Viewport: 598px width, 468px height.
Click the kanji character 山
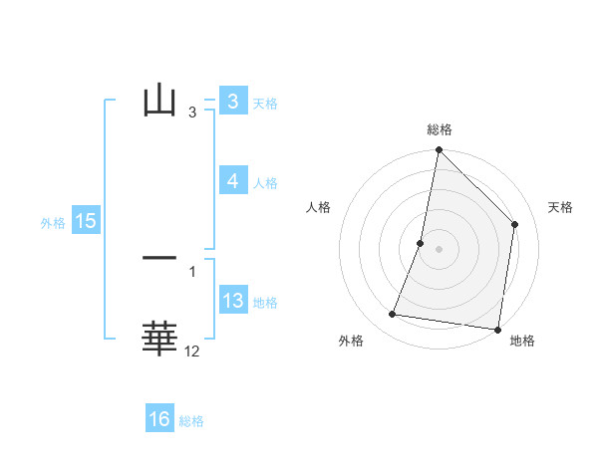point(159,101)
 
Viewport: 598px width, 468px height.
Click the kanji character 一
point(159,258)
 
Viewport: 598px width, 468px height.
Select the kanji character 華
point(159,339)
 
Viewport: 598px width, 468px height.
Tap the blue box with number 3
point(232,102)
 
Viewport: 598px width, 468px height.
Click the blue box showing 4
point(232,181)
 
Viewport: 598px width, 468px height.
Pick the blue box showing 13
point(232,302)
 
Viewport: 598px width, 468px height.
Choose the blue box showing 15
point(86,221)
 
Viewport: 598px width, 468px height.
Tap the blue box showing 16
point(159,419)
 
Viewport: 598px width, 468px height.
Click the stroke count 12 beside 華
point(192,351)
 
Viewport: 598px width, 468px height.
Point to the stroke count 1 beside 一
point(192,272)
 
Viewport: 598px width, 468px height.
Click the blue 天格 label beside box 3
point(265,103)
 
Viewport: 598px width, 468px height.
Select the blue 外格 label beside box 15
point(53,223)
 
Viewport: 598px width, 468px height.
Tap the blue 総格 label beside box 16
point(191,421)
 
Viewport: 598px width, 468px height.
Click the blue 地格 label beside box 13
point(265,303)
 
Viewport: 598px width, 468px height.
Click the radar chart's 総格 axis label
point(439,129)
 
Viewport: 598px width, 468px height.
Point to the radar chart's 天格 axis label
point(560,207)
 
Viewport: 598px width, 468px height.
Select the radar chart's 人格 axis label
point(318,207)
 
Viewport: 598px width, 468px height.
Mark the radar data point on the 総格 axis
point(439,150)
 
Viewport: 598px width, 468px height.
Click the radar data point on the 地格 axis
point(497,329)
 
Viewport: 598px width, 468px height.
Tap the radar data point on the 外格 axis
point(393,315)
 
